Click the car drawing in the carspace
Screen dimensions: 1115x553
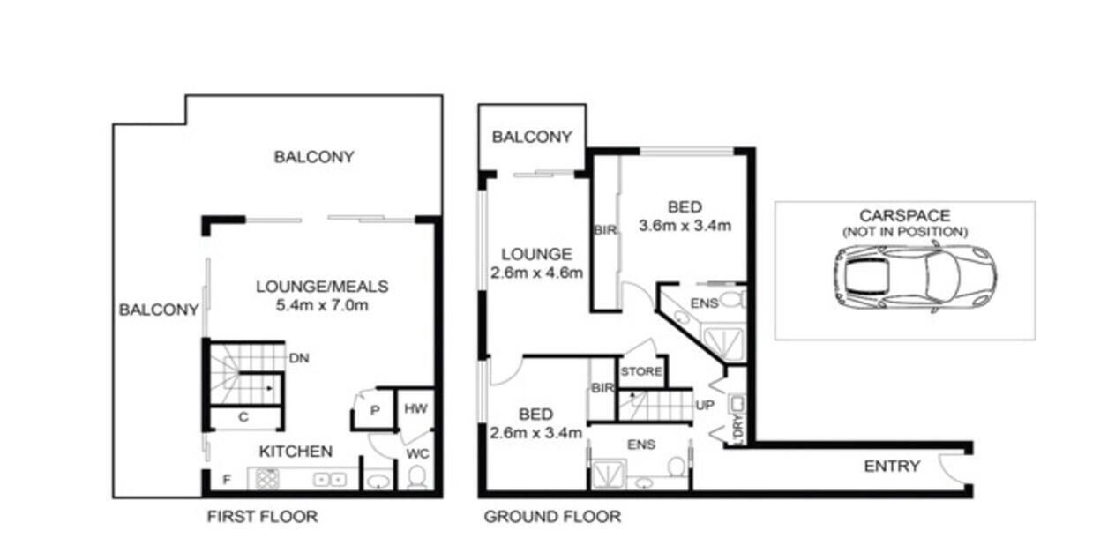point(916,277)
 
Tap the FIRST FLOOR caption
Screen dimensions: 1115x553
point(262,517)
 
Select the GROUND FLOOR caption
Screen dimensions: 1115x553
point(552,517)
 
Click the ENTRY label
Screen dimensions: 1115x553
point(892,467)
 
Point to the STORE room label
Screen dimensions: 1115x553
point(641,371)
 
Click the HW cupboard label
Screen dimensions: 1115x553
point(415,408)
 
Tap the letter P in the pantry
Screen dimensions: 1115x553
point(375,410)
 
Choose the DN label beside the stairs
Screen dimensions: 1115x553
point(299,358)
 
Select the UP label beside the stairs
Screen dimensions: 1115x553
point(704,405)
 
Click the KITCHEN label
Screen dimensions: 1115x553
point(296,452)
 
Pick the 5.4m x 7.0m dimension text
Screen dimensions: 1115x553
point(322,304)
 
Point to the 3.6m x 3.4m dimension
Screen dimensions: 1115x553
point(685,226)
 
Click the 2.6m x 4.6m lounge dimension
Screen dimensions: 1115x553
point(536,273)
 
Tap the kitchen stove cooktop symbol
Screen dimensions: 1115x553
point(266,480)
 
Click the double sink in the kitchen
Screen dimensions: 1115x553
point(330,480)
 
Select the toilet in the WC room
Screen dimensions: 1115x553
point(416,477)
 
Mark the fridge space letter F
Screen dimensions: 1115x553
point(227,480)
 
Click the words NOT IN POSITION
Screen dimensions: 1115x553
point(905,232)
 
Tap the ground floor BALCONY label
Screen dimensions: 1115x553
point(532,137)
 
